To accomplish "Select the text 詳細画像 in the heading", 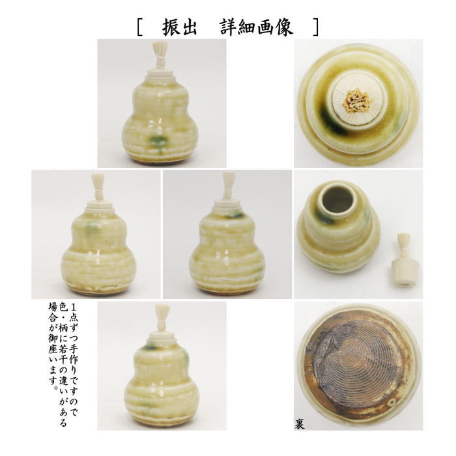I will [x=260, y=25].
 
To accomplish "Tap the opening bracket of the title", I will [x=140, y=26].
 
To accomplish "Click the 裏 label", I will [x=300, y=424].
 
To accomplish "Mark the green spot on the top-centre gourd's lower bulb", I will [x=158, y=141].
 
